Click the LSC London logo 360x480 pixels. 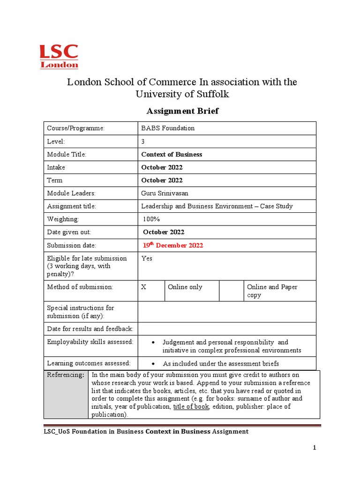pos(58,56)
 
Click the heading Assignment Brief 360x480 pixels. pos(182,111)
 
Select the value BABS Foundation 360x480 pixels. pos(168,128)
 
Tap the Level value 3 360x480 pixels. pos(143,141)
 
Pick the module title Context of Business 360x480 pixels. pos(172,154)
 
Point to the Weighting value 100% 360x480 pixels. pos(151,219)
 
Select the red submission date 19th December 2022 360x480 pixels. pos(173,245)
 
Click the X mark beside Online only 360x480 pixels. pos(144,287)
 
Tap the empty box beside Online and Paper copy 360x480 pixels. pos(231,291)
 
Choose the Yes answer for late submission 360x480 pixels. pos(147,258)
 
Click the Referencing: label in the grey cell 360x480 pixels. pos(65,375)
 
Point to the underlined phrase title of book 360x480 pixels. pos(191,406)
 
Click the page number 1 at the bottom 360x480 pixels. pos(315,448)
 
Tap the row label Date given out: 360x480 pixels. pos(69,232)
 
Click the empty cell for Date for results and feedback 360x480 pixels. pos(227,329)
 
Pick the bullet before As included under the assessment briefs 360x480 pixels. pos(154,364)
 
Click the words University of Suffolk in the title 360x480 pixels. pos(182,94)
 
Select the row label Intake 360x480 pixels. pos(56,167)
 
